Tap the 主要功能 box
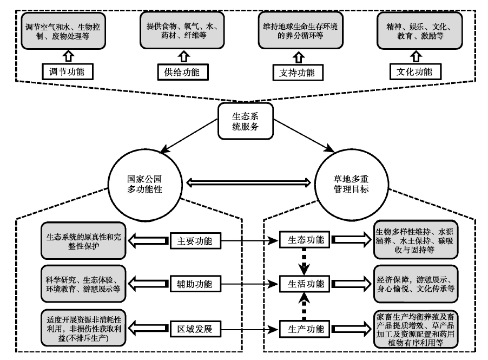[x=195, y=240]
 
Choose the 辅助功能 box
[x=195, y=284]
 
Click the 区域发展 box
[x=195, y=328]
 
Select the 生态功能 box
[x=305, y=240]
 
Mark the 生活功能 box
[x=305, y=284]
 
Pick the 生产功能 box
[x=305, y=328]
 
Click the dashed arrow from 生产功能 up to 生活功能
[x=305, y=305]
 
